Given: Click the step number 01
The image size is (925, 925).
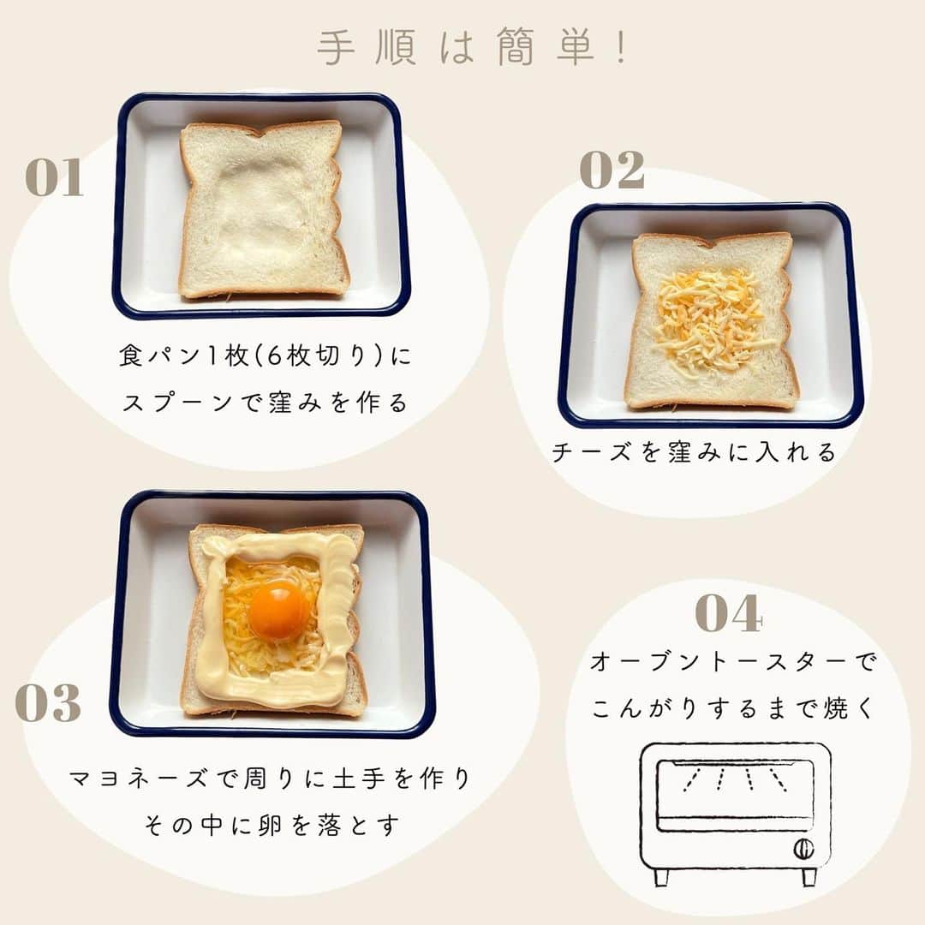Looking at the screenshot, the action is coord(54,177).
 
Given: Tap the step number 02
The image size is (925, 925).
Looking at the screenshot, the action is coord(612,170).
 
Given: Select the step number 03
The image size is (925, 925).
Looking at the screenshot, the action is coord(48,702).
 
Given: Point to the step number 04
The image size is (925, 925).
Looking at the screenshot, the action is coord(729,613).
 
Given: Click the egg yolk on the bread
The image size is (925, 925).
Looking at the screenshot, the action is coord(278,612).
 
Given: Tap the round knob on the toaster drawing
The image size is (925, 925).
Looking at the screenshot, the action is coord(803,848).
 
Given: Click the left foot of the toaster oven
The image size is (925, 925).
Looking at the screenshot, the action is coord(661,877).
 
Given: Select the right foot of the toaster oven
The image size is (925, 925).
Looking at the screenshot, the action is coord(809,877).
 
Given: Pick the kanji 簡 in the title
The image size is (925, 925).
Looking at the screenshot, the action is coord(515,46).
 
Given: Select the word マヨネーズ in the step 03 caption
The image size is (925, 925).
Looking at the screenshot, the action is coord(139,779).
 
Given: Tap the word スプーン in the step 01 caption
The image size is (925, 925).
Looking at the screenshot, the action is coord(177,403).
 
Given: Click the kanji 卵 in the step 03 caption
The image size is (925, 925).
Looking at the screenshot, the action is coord(270,826).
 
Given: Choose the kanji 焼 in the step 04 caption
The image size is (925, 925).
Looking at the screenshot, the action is coord(836,708).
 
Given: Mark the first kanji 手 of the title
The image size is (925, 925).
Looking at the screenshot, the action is coord(337,46).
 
